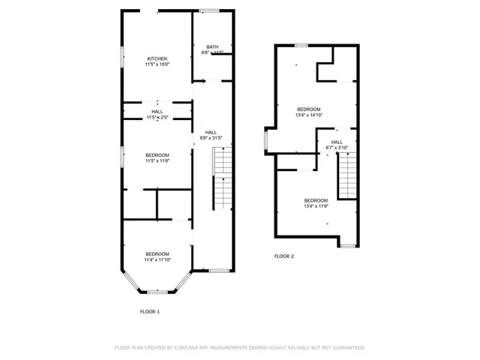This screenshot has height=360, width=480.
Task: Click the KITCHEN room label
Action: pyautogui.click(x=157, y=58)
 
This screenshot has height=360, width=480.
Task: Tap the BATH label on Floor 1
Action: pyautogui.click(x=213, y=47)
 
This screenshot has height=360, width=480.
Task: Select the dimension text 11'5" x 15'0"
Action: pyautogui.click(x=157, y=64)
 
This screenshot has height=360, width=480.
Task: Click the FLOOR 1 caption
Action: pyautogui.click(x=150, y=311)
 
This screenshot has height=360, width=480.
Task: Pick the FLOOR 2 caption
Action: pyautogui.click(x=284, y=256)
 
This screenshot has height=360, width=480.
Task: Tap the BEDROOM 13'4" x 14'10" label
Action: pyautogui.click(x=308, y=112)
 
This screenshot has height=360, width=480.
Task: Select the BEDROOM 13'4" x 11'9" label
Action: pyautogui.click(x=316, y=202)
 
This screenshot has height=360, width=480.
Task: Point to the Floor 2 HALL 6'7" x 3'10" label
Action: pyautogui.click(x=337, y=144)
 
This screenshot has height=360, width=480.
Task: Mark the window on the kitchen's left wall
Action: pyautogui.click(x=122, y=58)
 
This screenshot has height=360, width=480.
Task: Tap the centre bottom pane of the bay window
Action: pyautogui.click(x=157, y=291)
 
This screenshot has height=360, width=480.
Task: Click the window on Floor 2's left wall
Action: pyautogui.click(x=265, y=140)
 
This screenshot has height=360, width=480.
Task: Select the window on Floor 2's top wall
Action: pyautogui.click(x=301, y=46)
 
